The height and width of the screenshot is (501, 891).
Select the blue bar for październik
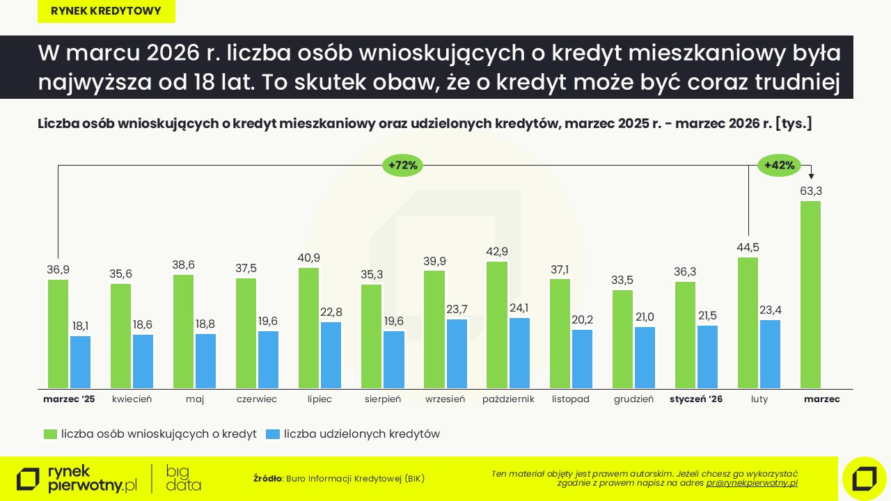[x=519, y=353]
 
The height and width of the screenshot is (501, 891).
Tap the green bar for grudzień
[x=622, y=339]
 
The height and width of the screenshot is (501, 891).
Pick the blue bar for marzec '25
[x=81, y=362]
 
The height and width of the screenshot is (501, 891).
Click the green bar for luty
[x=748, y=323]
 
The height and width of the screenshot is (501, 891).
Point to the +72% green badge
[x=403, y=166]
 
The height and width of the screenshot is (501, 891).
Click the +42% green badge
[x=779, y=166]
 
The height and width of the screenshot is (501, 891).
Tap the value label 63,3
[x=811, y=191]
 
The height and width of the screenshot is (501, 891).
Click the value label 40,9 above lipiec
[x=308, y=257]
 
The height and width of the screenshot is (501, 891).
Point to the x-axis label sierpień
[x=383, y=399]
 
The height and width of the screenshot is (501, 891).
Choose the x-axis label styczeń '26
[x=696, y=399]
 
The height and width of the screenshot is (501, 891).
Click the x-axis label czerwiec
[x=257, y=399]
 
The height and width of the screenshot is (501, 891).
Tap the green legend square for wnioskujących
[x=50, y=434]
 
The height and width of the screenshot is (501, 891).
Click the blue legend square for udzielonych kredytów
[x=273, y=434]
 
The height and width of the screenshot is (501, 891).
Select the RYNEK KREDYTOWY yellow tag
[x=107, y=11]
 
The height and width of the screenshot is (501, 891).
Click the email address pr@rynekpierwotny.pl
[x=752, y=483]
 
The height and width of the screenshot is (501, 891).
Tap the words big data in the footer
[x=183, y=479]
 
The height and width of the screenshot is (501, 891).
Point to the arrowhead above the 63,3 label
[x=811, y=177]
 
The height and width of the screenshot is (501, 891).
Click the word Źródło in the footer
[x=267, y=479]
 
